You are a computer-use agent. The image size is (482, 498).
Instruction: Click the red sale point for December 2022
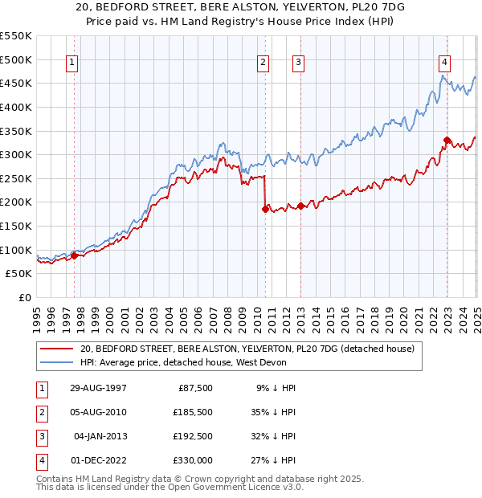tap(447, 140)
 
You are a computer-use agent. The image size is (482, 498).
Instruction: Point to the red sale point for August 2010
tap(265, 209)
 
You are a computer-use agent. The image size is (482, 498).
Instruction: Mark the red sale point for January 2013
tap(300, 206)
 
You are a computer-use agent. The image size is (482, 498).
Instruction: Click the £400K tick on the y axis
tap(16, 107)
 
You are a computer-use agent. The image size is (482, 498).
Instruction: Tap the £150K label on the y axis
tap(16, 226)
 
